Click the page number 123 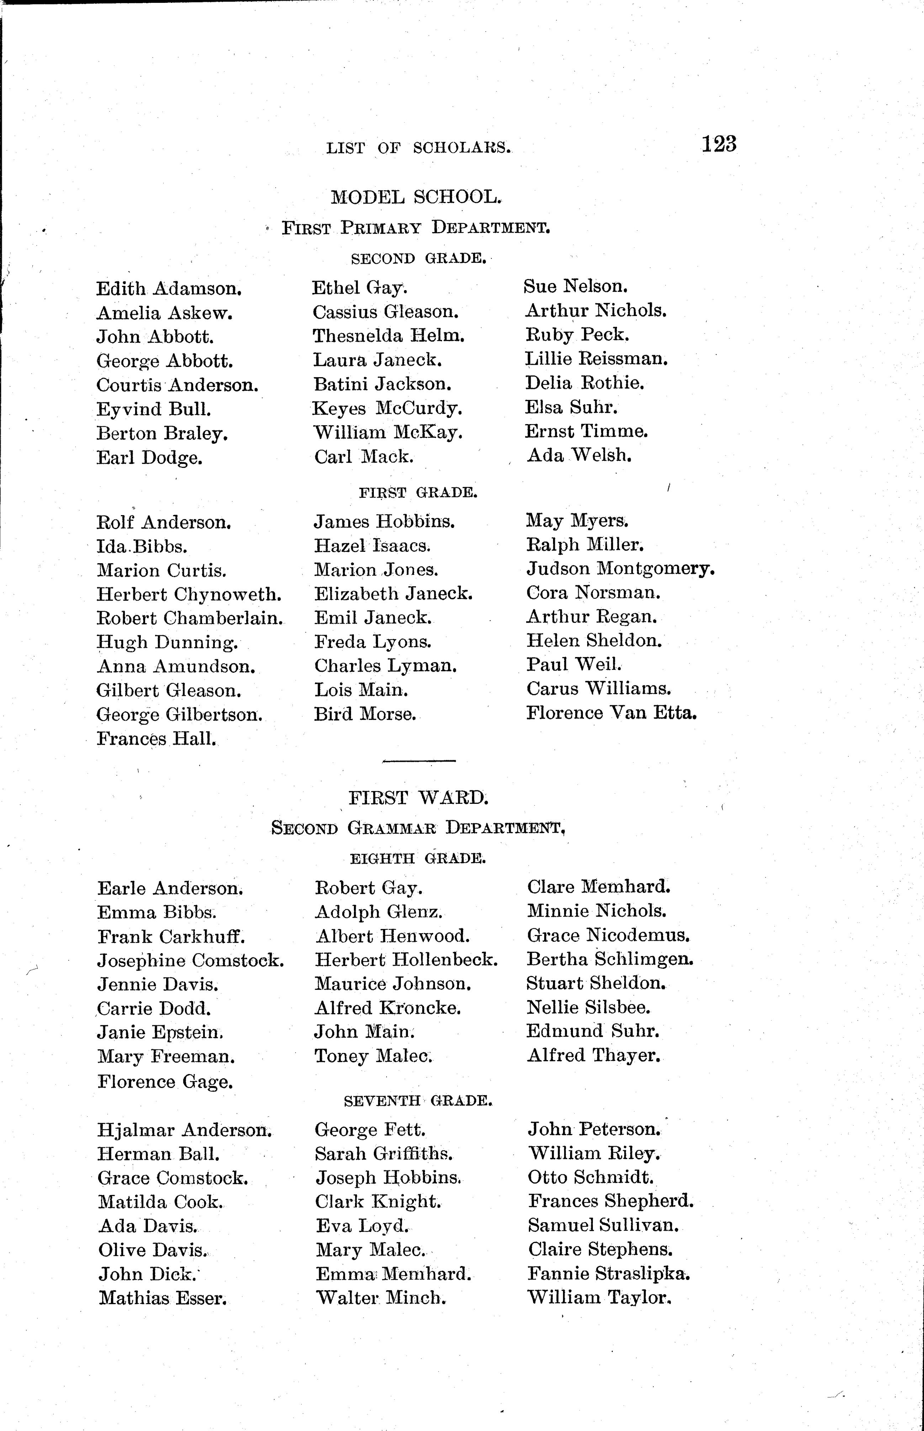[719, 145]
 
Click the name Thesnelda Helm [388, 336]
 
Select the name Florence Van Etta [611, 713]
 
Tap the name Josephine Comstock [190, 961]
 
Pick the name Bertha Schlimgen [610, 960]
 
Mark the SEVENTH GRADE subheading [418, 1101]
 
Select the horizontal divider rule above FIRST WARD [419, 761]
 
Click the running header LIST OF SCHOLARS [418, 148]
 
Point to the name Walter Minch [381, 1298]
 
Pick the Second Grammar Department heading [418, 828]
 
